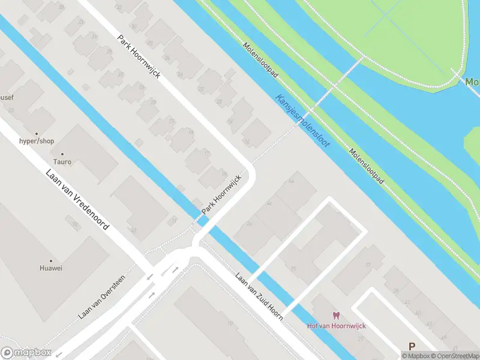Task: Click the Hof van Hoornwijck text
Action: pos(336,326)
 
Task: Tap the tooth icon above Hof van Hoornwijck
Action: pos(336,316)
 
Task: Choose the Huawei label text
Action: pos(51,268)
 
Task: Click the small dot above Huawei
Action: pos(51,259)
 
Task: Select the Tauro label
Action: pos(62,162)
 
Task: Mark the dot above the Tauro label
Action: pos(62,153)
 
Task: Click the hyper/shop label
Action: pos(37,141)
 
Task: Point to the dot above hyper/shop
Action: pos(37,133)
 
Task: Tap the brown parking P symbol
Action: pos(412,346)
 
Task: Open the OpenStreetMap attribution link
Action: pos(457,356)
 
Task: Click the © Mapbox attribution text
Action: pos(418,356)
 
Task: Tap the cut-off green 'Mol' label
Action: pos(472,82)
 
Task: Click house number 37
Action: pos(367,265)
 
